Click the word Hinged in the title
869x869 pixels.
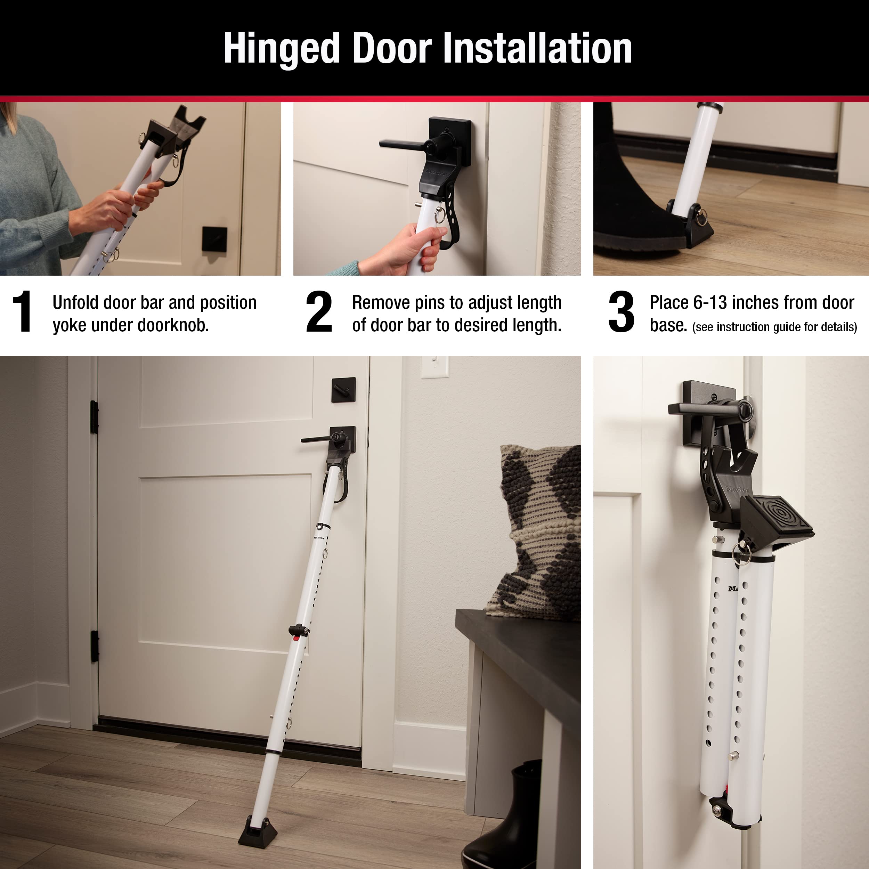[282, 49]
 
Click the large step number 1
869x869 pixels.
[22, 311]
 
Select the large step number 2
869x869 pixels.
[318, 311]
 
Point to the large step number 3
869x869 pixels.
[621, 311]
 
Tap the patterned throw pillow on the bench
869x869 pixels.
[537, 531]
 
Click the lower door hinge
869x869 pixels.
[95, 646]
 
